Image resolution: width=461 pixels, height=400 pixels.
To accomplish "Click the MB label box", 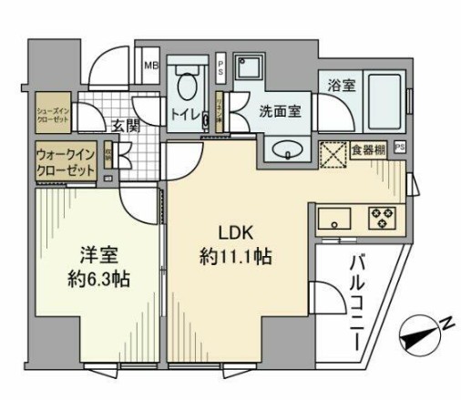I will pos(152,66).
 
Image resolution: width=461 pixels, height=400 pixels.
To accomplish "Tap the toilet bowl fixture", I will pos(188,87).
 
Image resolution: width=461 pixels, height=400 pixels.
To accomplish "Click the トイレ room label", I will pos(186,116).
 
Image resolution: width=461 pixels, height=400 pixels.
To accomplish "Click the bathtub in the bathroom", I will pos(384,103).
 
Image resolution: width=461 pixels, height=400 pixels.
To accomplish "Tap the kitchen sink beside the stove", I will pos(334,219).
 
